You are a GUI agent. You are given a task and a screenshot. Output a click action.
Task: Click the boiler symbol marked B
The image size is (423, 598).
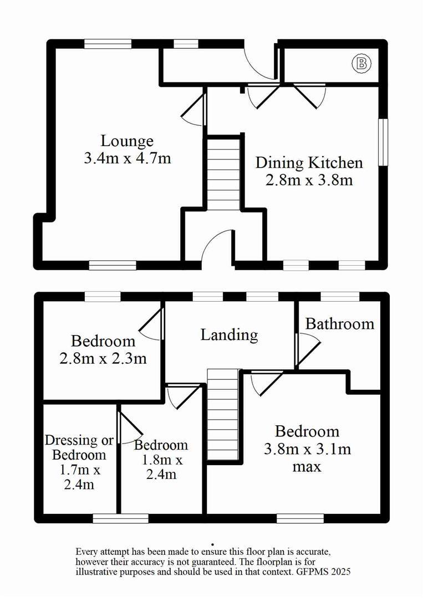click(x=361, y=64)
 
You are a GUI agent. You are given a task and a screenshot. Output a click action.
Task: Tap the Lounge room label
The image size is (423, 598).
click(x=127, y=141)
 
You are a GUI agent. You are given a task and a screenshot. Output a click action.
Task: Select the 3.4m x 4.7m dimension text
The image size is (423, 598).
click(x=127, y=157)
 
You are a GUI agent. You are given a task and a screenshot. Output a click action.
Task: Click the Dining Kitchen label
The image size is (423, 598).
click(x=309, y=163)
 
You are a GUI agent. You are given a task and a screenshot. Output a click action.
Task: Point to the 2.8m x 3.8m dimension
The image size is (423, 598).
click(x=309, y=180)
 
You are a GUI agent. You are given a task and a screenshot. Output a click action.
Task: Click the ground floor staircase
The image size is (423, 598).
click(x=224, y=173)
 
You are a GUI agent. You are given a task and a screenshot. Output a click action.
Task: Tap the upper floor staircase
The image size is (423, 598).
click(x=223, y=415)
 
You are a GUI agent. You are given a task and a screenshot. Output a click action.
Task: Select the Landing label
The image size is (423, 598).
click(x=230, y=334)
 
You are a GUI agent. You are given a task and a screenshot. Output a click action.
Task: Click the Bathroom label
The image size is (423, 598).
click(x=340, y=324)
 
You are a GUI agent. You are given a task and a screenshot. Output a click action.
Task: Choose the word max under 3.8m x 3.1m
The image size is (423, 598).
click(x=307, y=466)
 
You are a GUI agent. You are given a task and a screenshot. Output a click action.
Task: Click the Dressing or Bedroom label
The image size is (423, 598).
click(x=79, y=447)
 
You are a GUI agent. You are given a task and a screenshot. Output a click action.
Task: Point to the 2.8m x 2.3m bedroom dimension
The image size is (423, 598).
click(x=103, y=358)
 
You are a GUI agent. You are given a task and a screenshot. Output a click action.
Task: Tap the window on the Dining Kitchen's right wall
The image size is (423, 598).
click(x=383, y=142)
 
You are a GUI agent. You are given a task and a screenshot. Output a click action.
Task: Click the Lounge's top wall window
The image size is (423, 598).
click(x=108, y=44)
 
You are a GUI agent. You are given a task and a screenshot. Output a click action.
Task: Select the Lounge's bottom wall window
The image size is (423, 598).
click(x=113, y=265)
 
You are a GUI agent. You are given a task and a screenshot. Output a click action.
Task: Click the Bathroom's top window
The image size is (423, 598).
click(x=340, y=296)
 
